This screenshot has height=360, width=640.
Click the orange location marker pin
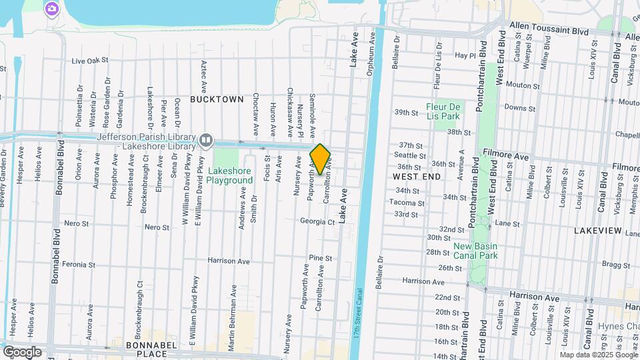(320, 159)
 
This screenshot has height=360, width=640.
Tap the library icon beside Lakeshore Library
(207, 141)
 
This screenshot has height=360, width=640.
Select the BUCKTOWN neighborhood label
(217, 99)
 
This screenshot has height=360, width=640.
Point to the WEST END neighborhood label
(417, 177)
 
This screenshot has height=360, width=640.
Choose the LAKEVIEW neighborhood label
(598, 231)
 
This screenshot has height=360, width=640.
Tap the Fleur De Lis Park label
(443, 111)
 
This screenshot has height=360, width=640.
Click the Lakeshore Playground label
(230, 175)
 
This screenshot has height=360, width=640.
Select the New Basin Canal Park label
(476, 251)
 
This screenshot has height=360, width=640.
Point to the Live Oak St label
(90, 61)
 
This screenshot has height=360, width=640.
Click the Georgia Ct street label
(316, 221)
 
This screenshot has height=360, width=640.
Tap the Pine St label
(320, 258)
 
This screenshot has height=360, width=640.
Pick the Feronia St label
(79, 265)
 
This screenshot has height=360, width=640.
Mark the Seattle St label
(410, 156)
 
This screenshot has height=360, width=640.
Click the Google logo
(22, 351)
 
